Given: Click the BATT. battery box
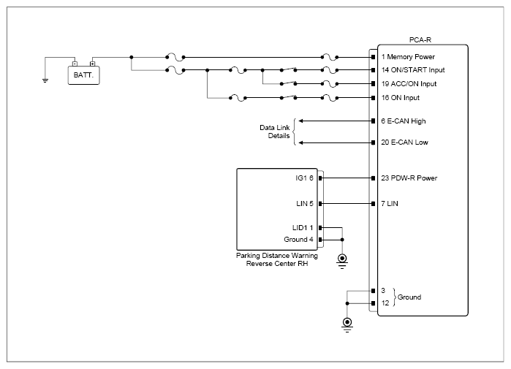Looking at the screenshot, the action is (x=84, y=75).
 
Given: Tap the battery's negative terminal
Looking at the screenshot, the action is (x=75, y=64).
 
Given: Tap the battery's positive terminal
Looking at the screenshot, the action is (x=93, y=64).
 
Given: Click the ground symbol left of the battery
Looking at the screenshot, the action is (x=45, y=80).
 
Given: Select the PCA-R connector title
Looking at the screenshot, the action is (x=420, y=39).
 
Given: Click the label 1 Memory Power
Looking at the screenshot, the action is (x=408, y=57).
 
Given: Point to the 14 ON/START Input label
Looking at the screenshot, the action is (x=413, y=70).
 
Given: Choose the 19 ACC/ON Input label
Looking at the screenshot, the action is (x=409, y=84).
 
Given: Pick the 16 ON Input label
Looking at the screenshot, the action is (x=400, y=98).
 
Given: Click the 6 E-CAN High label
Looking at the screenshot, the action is (x=404, y=121).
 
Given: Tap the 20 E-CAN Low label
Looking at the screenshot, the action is (x=404, y=142).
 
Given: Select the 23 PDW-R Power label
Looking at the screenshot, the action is (x=409, y=178).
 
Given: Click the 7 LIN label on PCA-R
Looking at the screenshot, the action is (x=390, y=204).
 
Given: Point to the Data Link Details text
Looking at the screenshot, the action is (x=274, y=132).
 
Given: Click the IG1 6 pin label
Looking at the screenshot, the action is (x=304, y=178).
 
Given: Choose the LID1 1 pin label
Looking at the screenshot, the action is (x=303, y=228).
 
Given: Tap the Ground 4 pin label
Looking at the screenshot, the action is (x=298, y=240).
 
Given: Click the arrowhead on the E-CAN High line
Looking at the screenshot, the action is (x=300, y=121).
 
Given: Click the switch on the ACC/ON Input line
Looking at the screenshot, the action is (x=289, y=83).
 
